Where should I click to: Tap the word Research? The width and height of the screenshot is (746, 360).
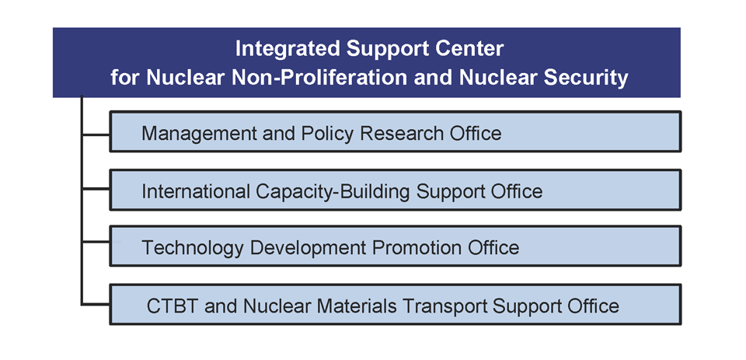(x=402, y=133)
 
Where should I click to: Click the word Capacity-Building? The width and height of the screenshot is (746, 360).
(x=333, y=192)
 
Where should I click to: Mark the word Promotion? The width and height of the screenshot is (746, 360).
(x=417, y=247)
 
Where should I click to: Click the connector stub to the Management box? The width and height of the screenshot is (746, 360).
(x=96, y=135)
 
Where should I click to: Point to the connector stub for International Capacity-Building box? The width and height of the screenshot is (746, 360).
(x=96, y=189)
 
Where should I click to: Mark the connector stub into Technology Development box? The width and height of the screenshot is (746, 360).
(x=96, y=243)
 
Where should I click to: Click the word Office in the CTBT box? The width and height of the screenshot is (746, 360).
(x=593, y=306)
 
